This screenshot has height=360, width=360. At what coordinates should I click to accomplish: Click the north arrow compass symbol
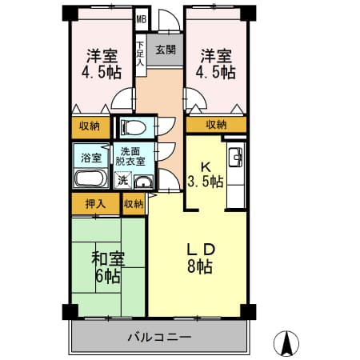(x=286, y=343)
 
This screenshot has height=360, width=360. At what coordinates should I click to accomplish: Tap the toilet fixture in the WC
(x=134, y=127)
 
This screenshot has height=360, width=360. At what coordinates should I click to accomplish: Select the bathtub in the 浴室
(x=90, y=178)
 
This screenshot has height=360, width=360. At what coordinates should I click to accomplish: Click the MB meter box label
(x=142, y=19)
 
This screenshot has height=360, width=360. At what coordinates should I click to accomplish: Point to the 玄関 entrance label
(x=166, y=50)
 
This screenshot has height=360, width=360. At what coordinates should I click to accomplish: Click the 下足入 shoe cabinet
(x=141, y=54)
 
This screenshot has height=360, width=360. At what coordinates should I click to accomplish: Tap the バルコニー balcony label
(x=159, y=338)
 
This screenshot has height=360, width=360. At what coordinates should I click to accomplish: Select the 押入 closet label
(x=95, y=204)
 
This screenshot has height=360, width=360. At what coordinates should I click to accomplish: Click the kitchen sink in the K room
(x=236, y=158)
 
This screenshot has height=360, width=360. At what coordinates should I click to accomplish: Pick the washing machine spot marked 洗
(x=123, y=181)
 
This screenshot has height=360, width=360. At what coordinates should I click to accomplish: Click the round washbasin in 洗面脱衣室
(x=144, y=182)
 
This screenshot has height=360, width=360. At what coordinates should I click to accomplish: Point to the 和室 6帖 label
(x=108, y=267)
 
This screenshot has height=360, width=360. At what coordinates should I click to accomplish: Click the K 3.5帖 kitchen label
(x=206, y=174)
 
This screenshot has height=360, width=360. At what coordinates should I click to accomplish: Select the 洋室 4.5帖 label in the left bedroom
(x=102, y=64)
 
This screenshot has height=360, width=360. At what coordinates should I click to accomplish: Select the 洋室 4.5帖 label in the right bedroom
(x=216, y=64)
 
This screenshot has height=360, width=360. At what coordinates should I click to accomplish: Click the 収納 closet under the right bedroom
(x=216, y=125)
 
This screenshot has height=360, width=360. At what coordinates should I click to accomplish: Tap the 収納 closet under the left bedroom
(x=90, y=127)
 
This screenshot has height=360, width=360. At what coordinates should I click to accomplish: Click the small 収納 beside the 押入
(x=134, y=204)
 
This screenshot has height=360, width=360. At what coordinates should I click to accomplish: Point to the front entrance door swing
(x=169, y=21)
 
